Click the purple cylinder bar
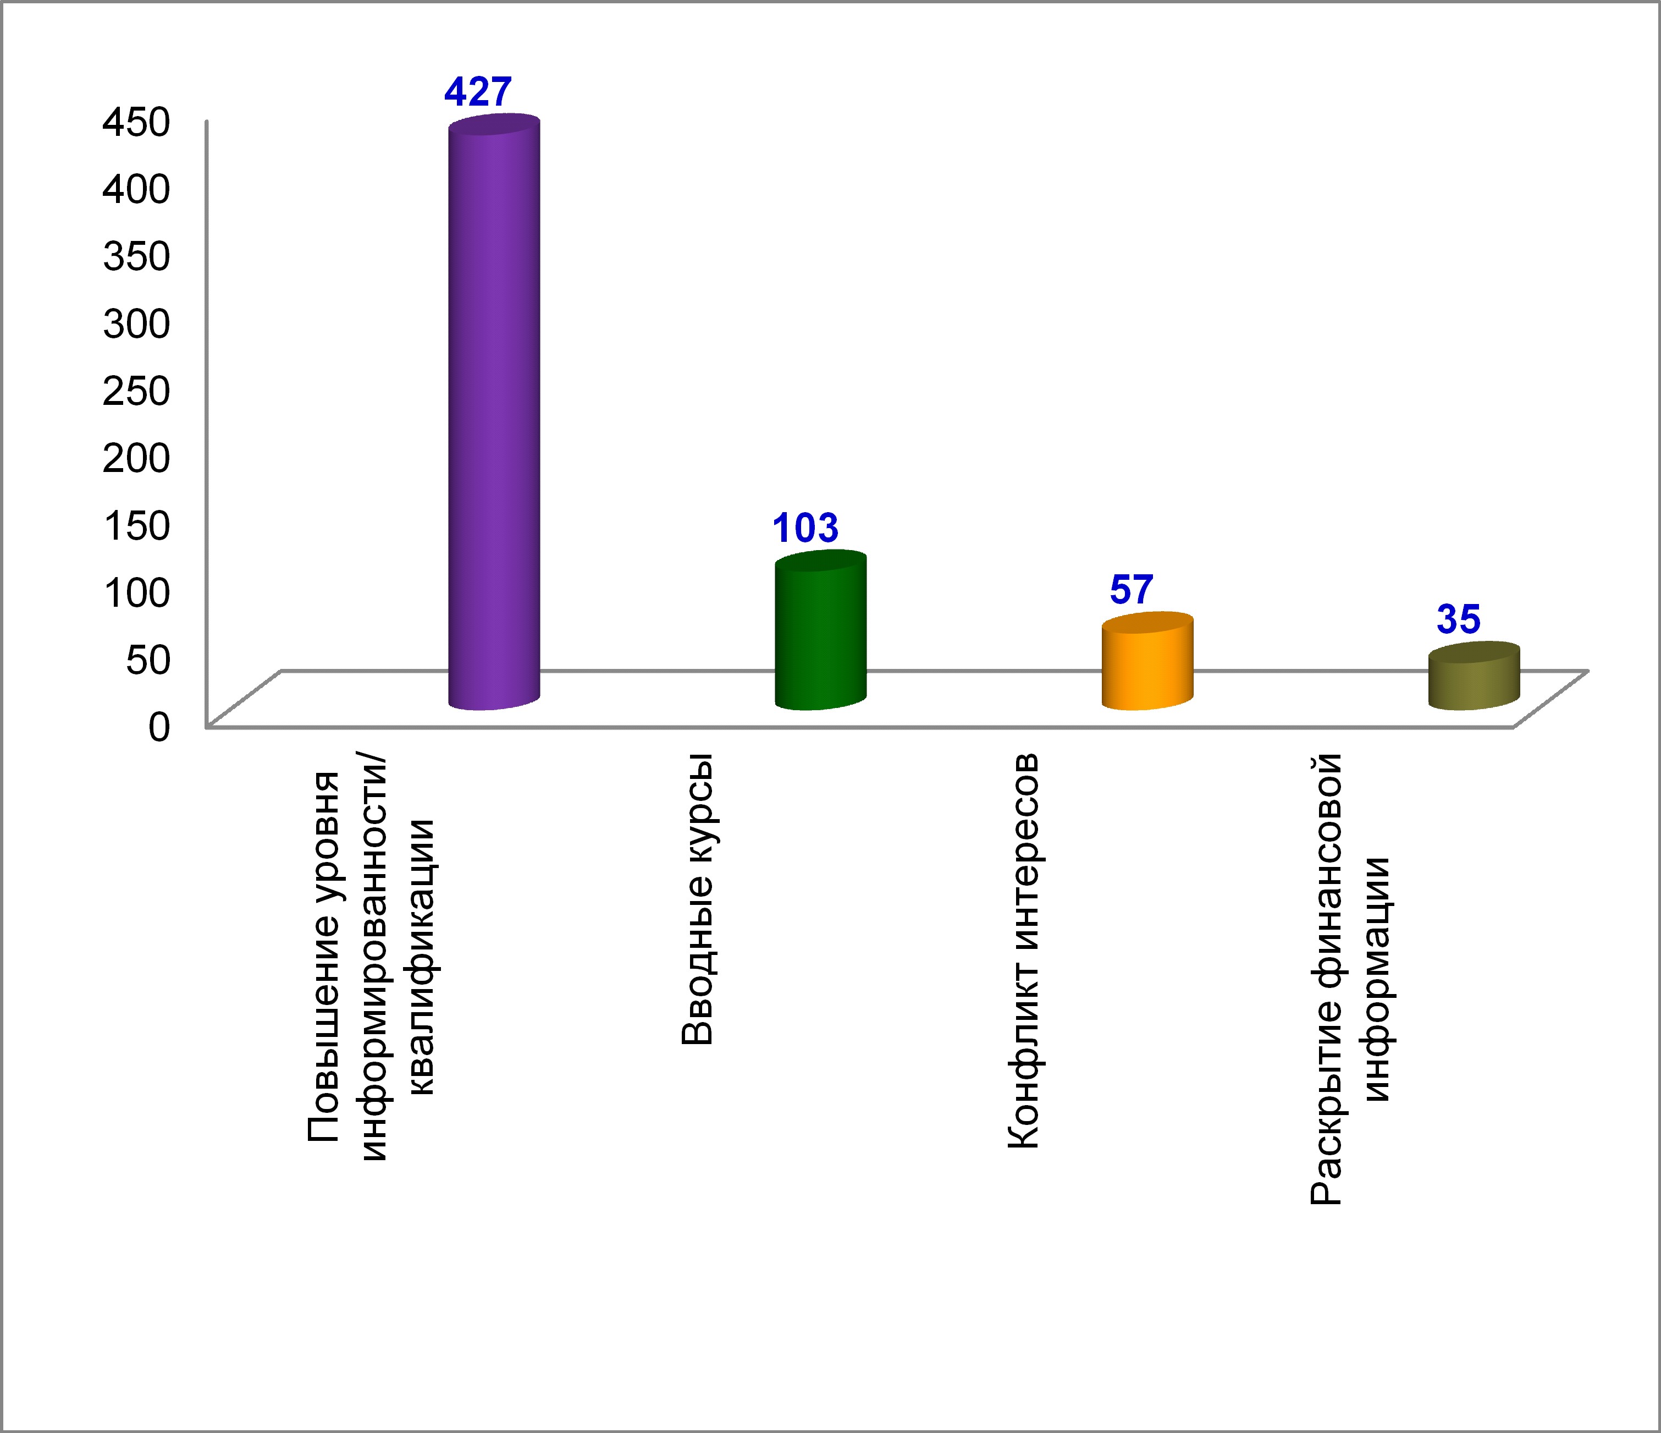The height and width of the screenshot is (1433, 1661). pos(494,417)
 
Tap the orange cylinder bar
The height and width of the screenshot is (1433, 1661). pos(1147,666)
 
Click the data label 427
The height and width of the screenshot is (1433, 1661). pos(478,92)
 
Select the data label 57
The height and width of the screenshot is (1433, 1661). pos(1131,590)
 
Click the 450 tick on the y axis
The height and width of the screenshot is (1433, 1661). pos(136,122)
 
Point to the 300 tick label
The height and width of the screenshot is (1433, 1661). pos(136,323)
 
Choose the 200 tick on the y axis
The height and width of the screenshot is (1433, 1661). pos(136,458)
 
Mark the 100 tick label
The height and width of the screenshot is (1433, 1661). pos(136,592)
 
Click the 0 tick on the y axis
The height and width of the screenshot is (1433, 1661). pos(159,727)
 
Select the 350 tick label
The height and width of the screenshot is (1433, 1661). pos(136,256)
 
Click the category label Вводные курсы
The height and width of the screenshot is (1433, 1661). pos(697,899)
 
